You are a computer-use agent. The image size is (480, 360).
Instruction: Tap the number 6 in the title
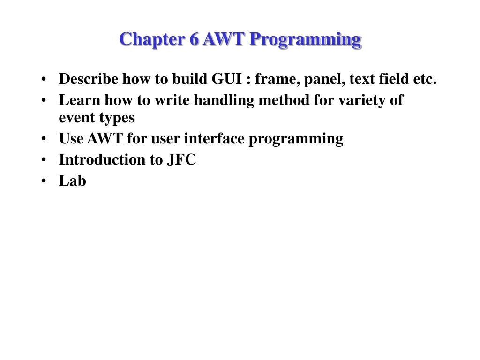coord(194,39)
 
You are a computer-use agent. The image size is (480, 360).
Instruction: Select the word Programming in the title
coord(305,39)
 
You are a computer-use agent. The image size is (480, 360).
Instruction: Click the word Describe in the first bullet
coord(89,79)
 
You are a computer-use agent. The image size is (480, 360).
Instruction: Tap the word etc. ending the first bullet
coord(425,80)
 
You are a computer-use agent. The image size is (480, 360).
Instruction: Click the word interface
coord(214,139)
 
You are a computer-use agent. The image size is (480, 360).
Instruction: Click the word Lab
coord(73,181)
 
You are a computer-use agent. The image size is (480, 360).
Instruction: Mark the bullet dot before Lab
coord(44,181)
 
